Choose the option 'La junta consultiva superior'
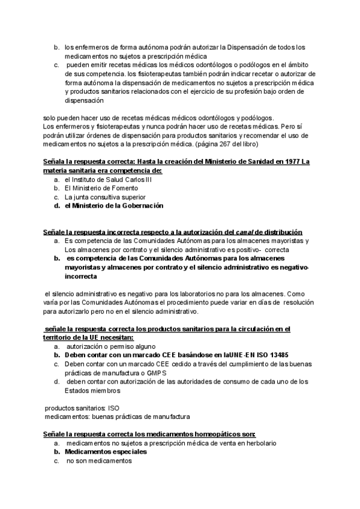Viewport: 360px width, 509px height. pos(105,196)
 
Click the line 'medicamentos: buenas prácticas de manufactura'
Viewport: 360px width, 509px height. pos(118,416)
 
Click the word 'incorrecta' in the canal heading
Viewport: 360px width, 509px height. pos(109,232)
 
